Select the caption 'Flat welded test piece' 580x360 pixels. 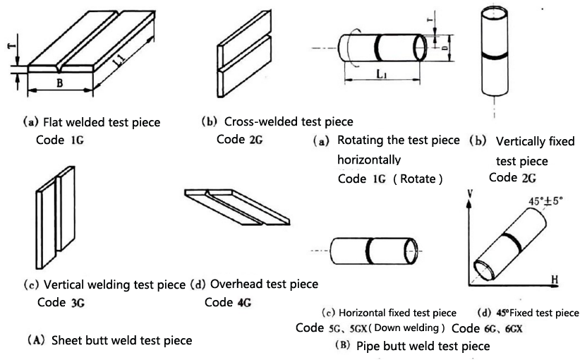click(99, 122)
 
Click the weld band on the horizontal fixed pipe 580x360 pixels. click(370, 251)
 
